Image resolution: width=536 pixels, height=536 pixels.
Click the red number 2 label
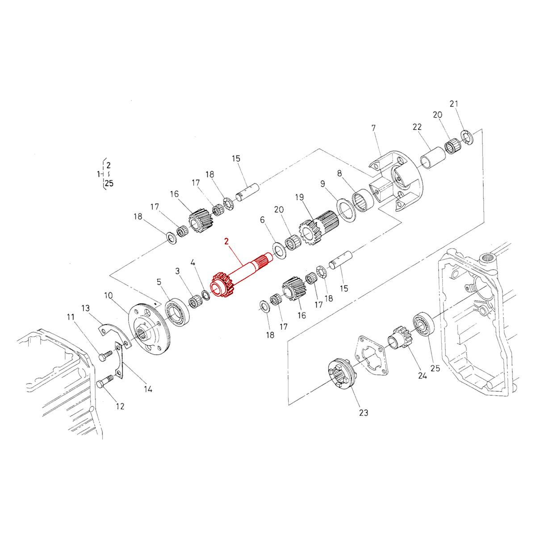[227, 242]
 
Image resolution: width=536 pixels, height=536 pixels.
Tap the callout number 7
[373, 129]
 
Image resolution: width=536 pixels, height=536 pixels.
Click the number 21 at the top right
[454, 104]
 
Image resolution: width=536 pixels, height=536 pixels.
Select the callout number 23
[364, 413]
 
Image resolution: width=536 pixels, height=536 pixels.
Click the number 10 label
[109, 295]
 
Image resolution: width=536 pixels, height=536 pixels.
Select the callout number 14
[148, 389]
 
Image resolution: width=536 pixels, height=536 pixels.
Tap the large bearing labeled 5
[178, 311]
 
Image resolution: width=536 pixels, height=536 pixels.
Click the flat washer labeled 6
[279, 251]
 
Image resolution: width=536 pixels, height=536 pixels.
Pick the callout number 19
[299, 197]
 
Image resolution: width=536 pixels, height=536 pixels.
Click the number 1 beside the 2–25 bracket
[98, 174]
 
